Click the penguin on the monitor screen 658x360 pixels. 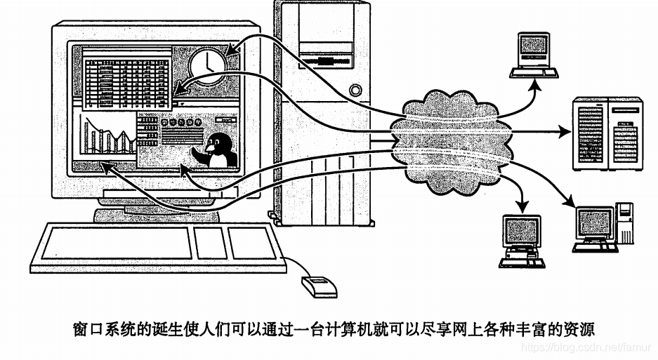click(x=219, y=150)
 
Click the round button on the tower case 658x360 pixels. click(x=357, y=91)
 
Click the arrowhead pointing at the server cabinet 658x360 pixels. click(x=567, y=131)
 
